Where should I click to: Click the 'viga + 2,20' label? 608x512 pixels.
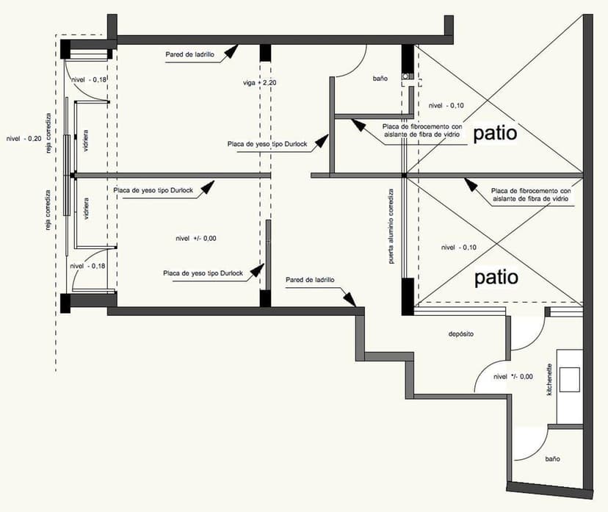click(x=262, y=83)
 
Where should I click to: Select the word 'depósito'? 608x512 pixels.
click(x=460, y=333)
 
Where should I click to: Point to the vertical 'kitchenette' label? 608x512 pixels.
click(x=549, y=381)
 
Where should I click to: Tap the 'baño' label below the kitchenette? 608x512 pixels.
click(x=553, y=458)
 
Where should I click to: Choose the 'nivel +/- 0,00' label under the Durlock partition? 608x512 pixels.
click(x=195, y=238)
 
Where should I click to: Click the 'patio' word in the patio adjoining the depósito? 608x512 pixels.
click(x=496, y=278)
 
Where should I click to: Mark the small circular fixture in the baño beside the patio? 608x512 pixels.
click(x=404, y=76)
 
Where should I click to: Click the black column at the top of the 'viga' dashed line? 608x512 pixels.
click(x=264, y=54)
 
